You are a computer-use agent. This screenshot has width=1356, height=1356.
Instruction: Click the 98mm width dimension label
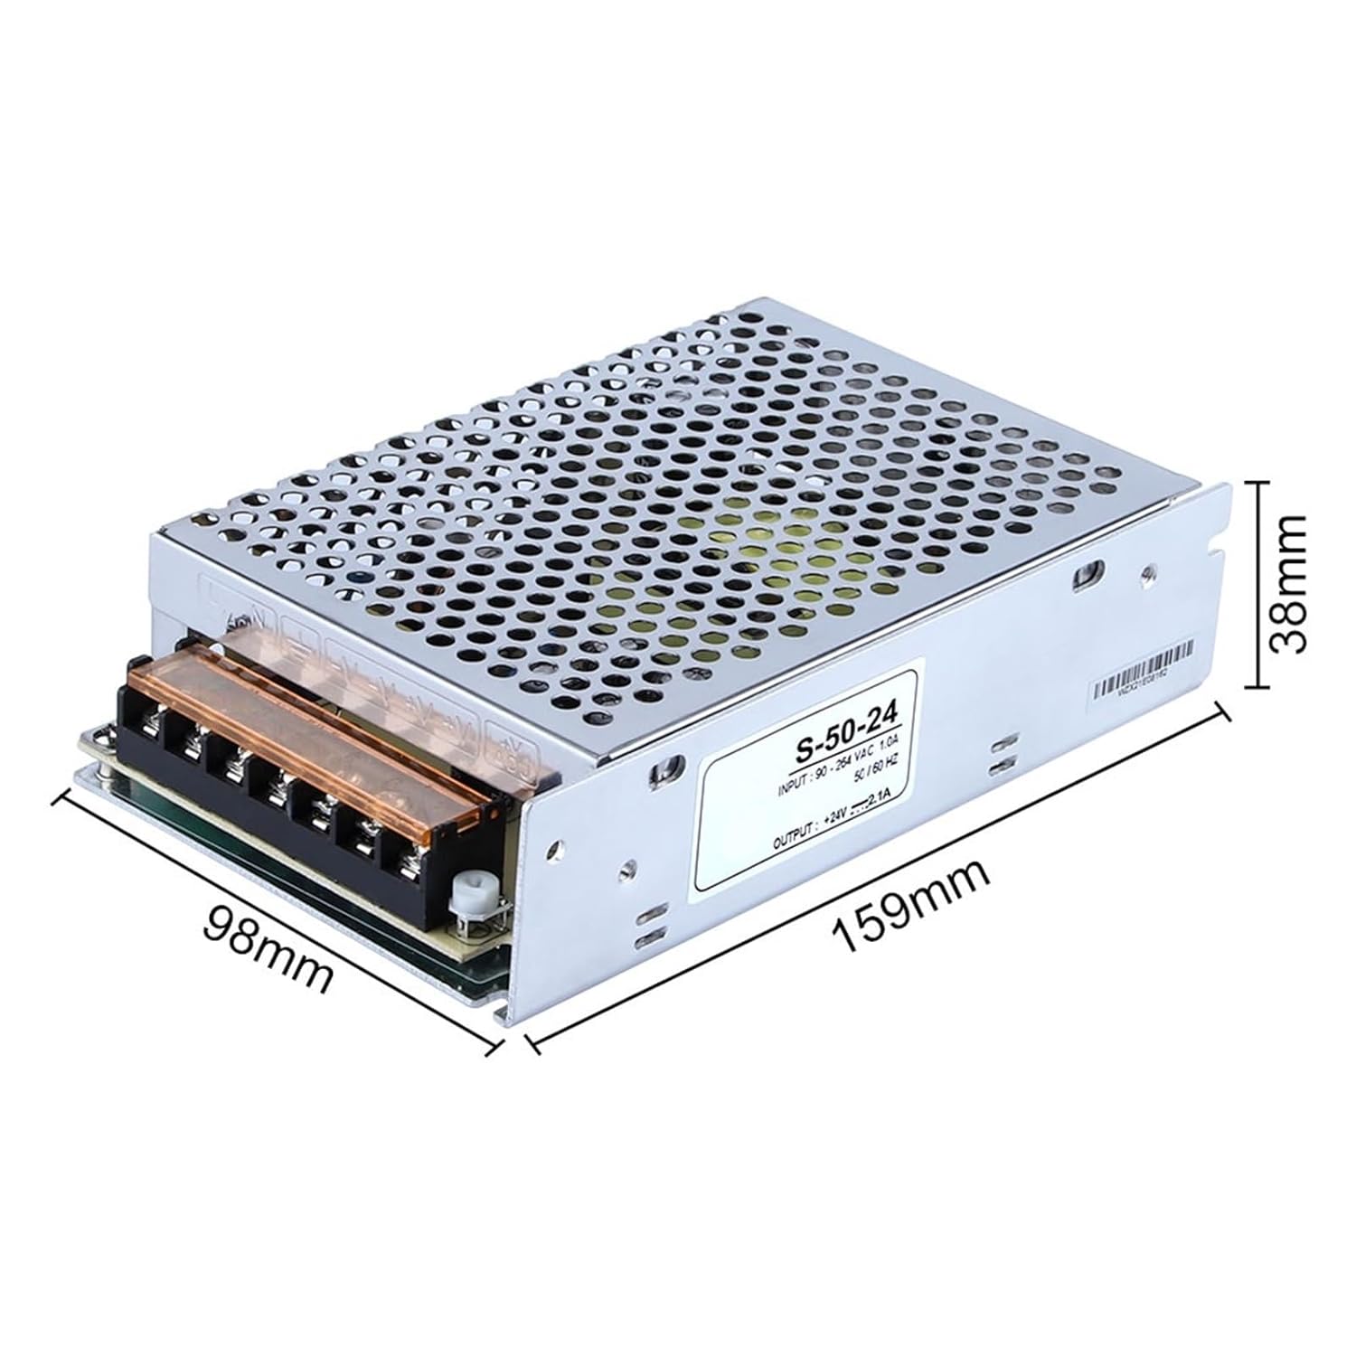[269, 946]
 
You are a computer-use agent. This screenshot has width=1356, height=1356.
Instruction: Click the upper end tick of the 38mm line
[1256, 483]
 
